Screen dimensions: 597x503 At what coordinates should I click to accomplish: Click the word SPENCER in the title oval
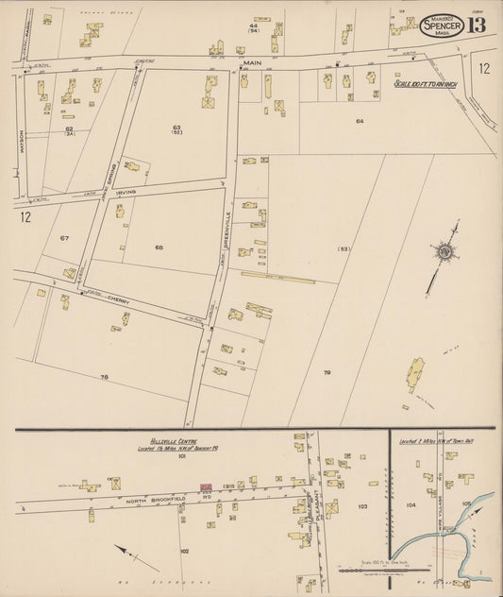tap(442, 26)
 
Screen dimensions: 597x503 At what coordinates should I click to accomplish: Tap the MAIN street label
tap(251, 63)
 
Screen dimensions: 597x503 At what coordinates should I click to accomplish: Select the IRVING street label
tap(126, 192)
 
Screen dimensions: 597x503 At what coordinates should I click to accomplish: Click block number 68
tap(159, 247)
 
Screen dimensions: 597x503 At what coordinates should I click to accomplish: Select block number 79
tap(327, 373)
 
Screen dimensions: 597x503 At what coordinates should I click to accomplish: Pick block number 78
tap(104, 377)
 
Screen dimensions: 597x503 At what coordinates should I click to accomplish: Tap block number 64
tap(359, 122)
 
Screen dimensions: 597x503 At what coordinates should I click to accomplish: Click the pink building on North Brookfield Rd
tap(204, 487)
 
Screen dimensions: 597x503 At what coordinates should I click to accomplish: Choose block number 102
tap(184, 550)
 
